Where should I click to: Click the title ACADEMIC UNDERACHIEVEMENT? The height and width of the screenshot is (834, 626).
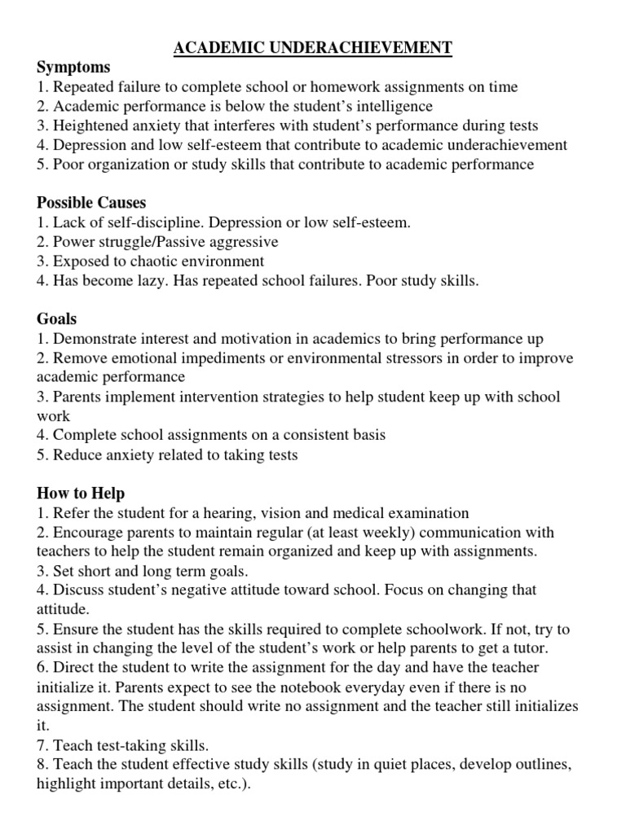pyautogui.click(x=313, y=48)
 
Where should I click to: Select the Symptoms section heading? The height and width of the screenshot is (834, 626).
pyautogui.click(x=73, y=68)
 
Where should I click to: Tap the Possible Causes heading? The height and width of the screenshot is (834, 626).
pyautogui.click(x=91, y=202)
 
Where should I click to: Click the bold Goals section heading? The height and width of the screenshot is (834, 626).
pyautogui.click(x=56, y=319)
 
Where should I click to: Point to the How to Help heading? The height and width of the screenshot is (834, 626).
pyautogui.click(x=81, y=494)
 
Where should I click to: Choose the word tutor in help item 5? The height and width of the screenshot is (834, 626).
pyautogui.click(x=530, y=648)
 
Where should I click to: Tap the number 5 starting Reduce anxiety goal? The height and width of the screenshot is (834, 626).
pyautogui.click(x=42, y=455)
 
